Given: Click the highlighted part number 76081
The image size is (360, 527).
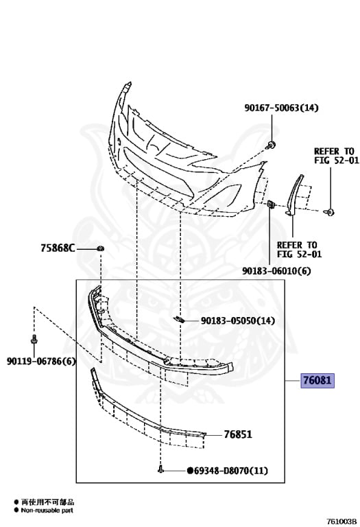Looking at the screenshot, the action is pyautogui.click(x=317, y=380).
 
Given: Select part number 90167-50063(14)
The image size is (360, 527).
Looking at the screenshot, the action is pyautogui.click(x=281, y=108).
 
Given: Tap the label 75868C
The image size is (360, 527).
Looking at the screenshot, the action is pyautogui.click(x=58, y=248).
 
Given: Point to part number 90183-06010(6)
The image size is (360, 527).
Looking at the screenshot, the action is pyautogui.click(x=276, y=270).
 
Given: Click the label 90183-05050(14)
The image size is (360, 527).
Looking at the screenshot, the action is pyautogui.click(x=238, y=321).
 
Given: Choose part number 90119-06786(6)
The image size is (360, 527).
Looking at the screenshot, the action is pyautogui.click(x=41, y=362).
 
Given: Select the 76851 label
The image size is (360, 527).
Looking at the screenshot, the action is pyautogui.click(x=238, y=434).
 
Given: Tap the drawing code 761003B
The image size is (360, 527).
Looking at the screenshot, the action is pyautogui.click(x=341, y=522).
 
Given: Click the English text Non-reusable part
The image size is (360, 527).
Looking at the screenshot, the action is pyautogui.click(x=47, y=511).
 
